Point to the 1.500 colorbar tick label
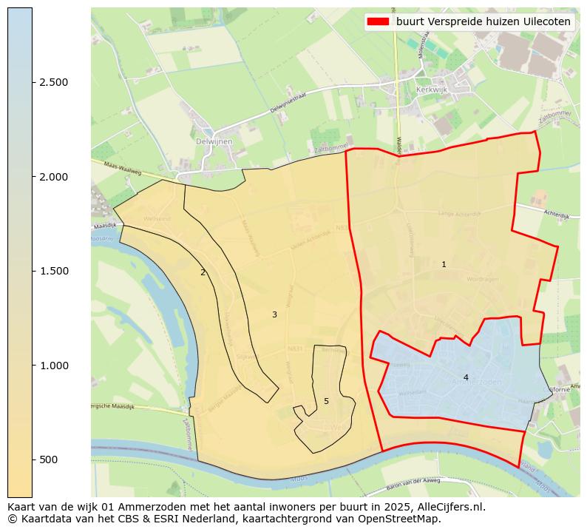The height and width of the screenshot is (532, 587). pos(54,272)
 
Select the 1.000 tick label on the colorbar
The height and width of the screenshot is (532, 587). pos(54,366)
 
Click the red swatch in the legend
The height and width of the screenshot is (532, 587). pos(378,22)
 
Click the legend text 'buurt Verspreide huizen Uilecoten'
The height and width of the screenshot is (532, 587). pos(483,22)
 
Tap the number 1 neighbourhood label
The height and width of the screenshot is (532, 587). pos(444,264)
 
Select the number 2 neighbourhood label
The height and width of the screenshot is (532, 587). pos(203,272)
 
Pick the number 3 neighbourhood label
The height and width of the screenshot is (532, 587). pos(274,314)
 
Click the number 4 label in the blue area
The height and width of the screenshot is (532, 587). pos(466,377)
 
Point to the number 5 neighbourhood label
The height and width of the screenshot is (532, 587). pos(326,401)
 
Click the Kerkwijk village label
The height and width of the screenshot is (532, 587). pos(432,89)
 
